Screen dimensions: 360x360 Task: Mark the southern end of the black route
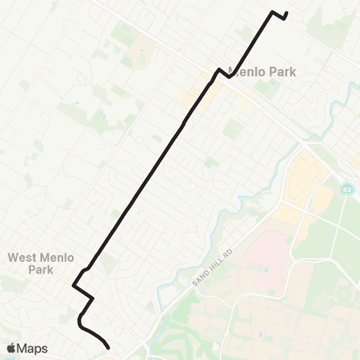[x=109, y=348]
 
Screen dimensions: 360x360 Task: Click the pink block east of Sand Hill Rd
[x=262, y=262]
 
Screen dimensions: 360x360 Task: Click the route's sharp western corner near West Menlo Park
[x=73, y=285]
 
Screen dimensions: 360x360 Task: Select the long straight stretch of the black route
[x=142, y=187]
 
